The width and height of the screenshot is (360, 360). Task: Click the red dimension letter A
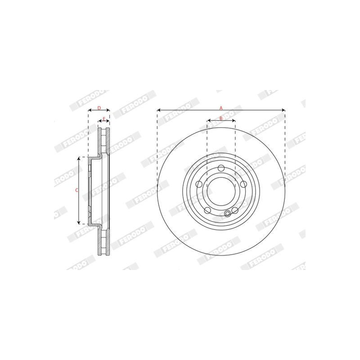(x=221, y=108)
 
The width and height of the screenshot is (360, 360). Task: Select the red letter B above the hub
(x=221, y=118)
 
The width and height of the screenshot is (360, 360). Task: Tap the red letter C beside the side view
(x=77, y=190)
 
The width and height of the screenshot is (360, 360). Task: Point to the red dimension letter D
(x=99, y=108)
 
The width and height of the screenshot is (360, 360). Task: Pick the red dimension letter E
(x=104, y=119)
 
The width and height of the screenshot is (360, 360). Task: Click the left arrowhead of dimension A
(x=159, y=110)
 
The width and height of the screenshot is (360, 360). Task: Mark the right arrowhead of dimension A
(x=283, y=110)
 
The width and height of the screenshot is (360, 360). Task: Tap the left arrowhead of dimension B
(x=209, y=121)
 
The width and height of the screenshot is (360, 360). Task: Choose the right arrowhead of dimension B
(x=234, y=121)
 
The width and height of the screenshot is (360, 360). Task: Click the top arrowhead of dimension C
(x=79, y=159)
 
